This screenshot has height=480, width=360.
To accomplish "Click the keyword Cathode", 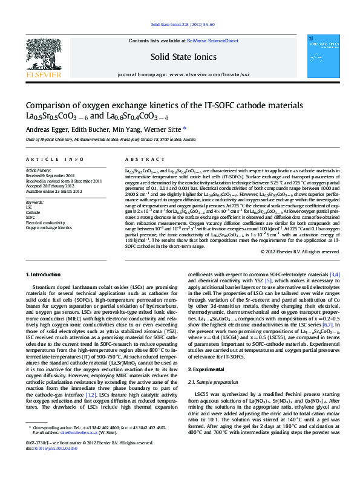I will pos(33,213).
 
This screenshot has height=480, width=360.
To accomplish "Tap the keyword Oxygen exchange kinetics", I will pos(48,228).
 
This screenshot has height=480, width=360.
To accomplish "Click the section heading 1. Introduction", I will pos(45,274).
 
